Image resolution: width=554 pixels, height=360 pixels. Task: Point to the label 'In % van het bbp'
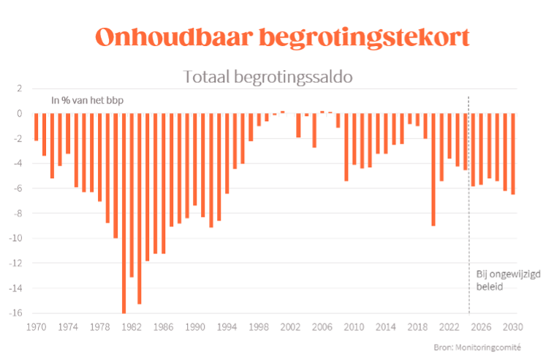(87, 100)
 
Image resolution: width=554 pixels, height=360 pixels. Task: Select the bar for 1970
(36, 126)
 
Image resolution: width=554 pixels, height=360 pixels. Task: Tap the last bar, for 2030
(513, 153)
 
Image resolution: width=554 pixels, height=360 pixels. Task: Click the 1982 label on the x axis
(132, 328)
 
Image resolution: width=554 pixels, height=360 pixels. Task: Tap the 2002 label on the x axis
(291, 328)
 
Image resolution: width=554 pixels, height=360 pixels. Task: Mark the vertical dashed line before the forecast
(468, 219)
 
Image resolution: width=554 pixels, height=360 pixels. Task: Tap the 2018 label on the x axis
(418, 328)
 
